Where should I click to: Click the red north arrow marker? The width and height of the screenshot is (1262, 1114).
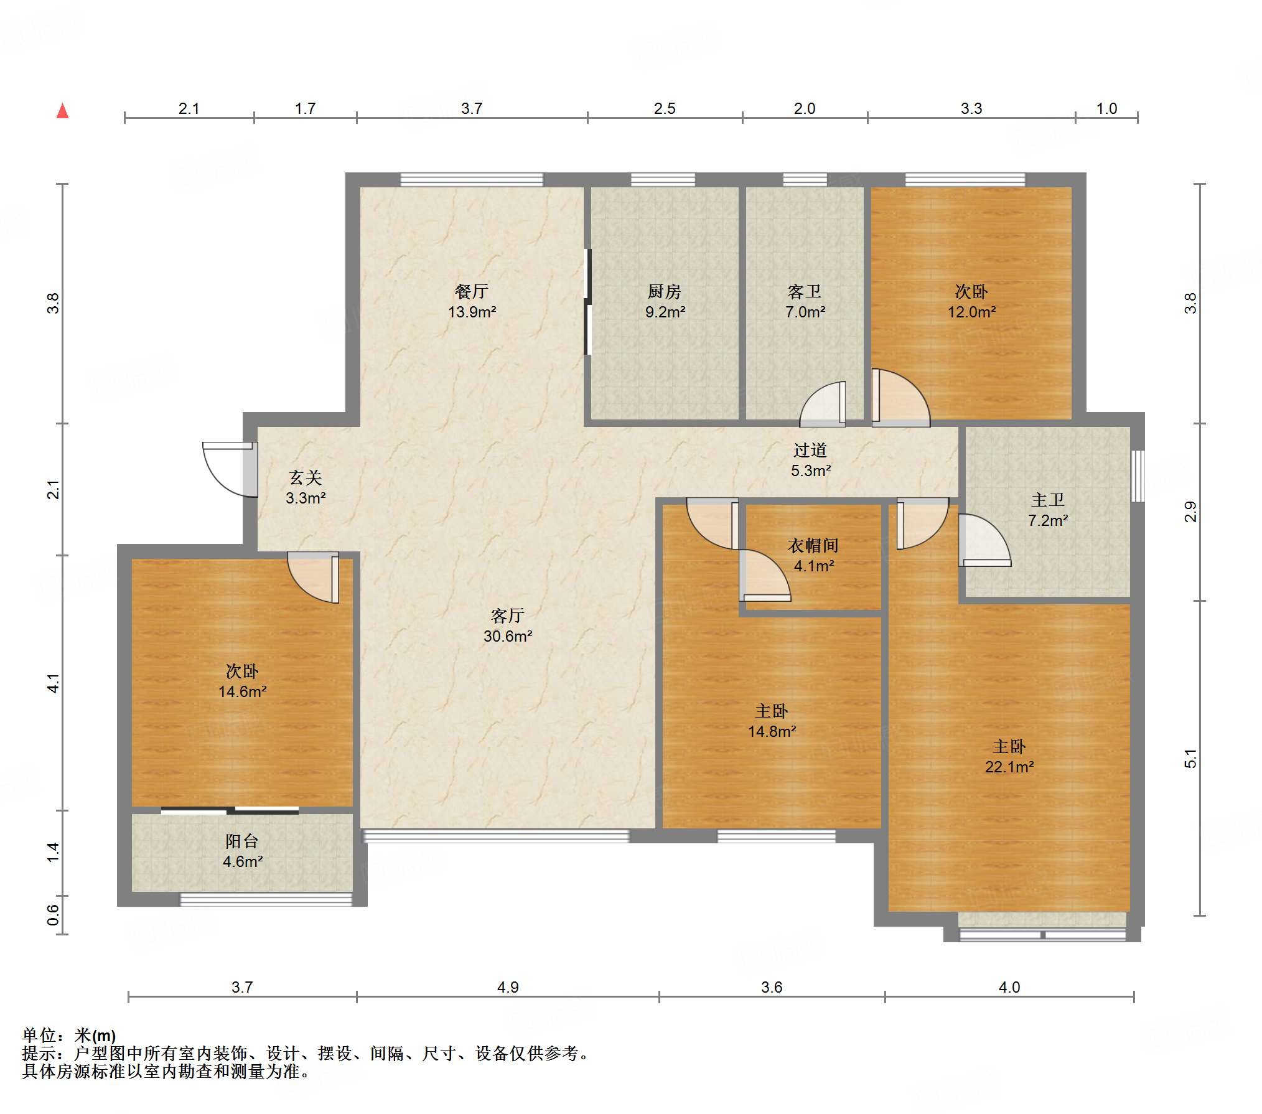click(x=62, y=111)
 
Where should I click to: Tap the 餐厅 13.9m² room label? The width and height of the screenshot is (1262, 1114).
click(x=472, y=301)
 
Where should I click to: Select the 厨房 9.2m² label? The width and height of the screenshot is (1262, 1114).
click(x=665, y=301)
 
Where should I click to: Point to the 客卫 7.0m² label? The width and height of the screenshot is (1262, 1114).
click(x=805, y=301)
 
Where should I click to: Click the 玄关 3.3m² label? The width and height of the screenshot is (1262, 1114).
click(x=306, y=487)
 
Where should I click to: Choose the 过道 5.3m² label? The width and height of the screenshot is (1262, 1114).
click(x=810, y=460)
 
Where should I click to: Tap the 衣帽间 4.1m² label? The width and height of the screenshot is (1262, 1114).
click(x=813, y=555)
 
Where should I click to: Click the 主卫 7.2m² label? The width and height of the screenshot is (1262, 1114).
click(x=1048, y=510)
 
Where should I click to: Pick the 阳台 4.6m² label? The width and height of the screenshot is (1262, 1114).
click(x=242, y=851)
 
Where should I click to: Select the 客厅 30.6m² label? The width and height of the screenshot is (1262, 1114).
click(x=508, y=625)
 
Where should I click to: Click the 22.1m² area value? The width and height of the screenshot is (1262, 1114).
click(x=1009, y=767)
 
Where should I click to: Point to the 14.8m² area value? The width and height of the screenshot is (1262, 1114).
click(x=772, y=731)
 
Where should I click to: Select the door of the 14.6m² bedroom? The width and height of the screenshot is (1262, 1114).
click(x=313, y=577)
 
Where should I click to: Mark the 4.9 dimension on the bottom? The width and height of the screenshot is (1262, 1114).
click(x=508, y=987)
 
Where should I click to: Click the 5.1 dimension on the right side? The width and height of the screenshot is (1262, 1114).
click(x=1190, y=759)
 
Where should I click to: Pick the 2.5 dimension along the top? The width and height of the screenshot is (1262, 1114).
click(x=665, y=108)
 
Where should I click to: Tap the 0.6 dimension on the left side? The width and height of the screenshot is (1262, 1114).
click(x=54, y=915)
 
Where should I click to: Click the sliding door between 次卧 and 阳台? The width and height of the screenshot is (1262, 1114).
click(x=230, y=810)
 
